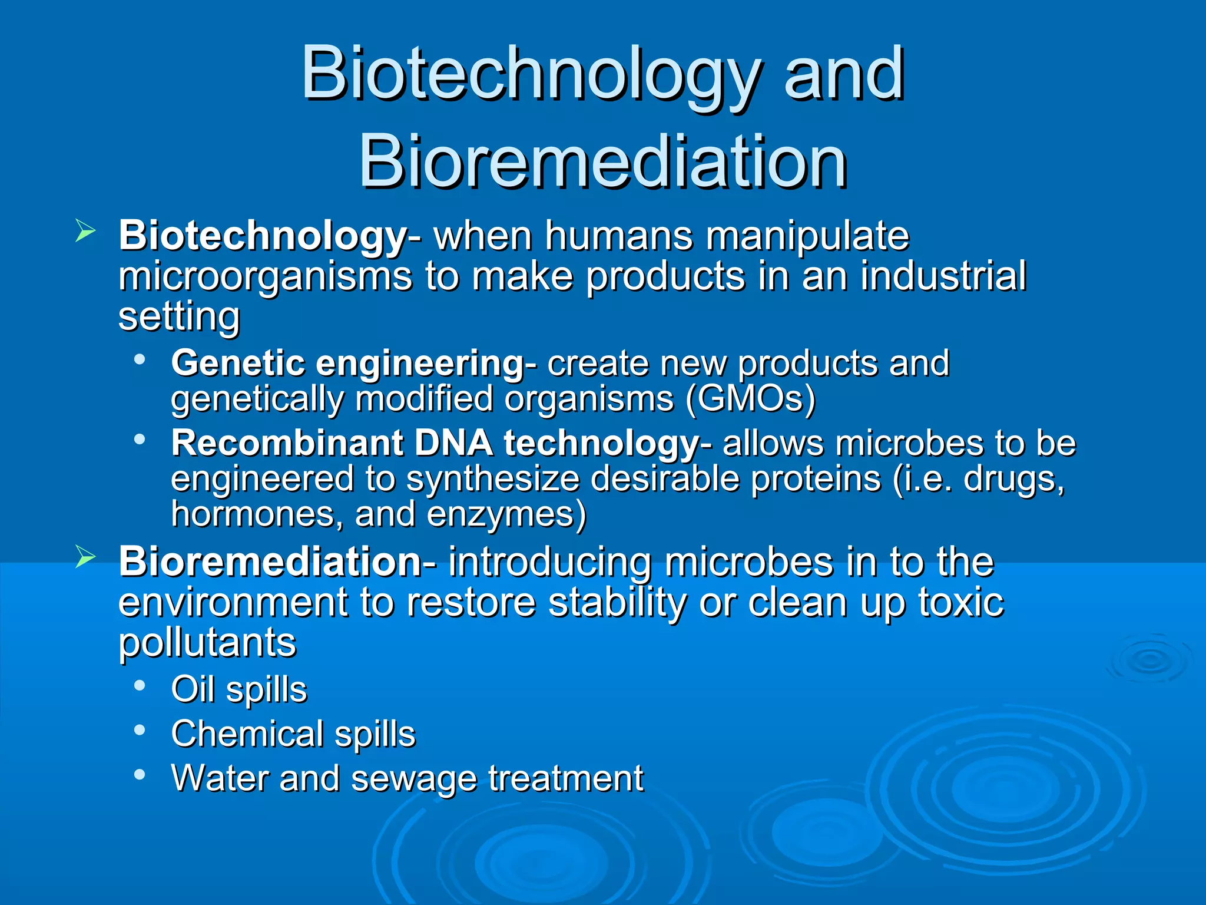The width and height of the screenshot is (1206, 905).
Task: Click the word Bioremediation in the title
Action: (x=602, y=161)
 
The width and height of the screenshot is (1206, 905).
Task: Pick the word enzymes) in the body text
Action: (x=506, y=514)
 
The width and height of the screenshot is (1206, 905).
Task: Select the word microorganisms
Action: (x=265, y=276)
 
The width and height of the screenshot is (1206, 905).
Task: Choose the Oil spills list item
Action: (x=238, y=689)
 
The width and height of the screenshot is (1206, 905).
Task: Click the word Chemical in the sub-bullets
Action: (x=247, y=734)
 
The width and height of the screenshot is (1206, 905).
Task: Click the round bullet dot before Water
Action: (x=140, y=774)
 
